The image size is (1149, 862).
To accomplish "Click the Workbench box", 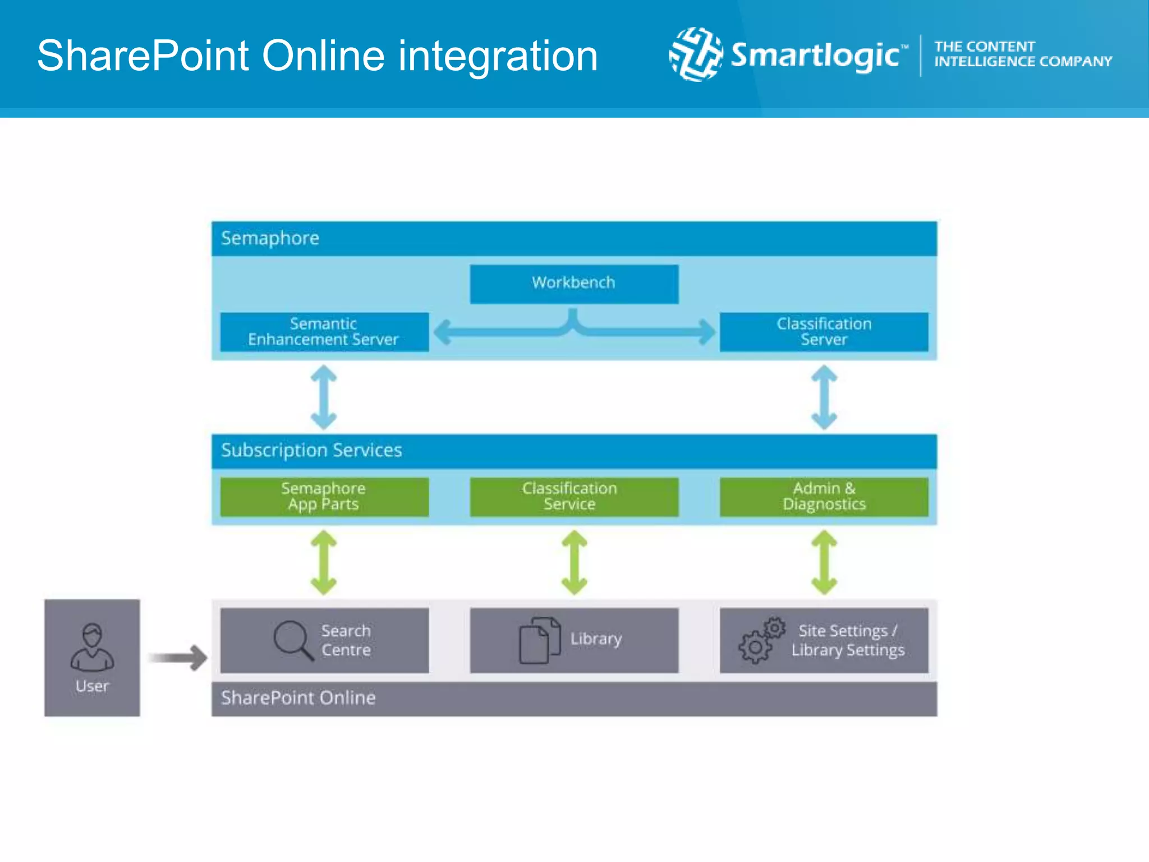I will click(x=574, y=284).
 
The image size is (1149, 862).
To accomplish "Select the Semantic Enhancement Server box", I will click(x=324, y=332).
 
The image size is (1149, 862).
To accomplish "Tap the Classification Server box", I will click(x=824, y=332).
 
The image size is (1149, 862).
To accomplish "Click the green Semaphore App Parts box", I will click(x=324, y=497).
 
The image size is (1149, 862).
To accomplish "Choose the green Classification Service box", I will click(x=574, y=497).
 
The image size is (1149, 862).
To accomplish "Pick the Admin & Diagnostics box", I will click(x=824, y=497).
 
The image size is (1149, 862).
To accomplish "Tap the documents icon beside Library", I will click(x=539, y=640).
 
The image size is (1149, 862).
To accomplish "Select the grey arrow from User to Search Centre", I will click(x=178, y=658).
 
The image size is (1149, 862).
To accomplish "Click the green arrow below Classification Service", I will click(x=574, y=562).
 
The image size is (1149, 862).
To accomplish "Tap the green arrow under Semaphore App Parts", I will click(x=324, y=562).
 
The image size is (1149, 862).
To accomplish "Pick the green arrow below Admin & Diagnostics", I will click(x=824, y=562).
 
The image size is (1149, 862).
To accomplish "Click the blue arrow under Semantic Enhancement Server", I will click(x=324, y=397).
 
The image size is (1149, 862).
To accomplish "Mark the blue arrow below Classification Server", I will click(x=824, y=397).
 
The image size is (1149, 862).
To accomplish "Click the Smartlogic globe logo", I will click(x=696, y=54).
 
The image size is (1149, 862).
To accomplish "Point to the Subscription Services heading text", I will click(x=311, y=451).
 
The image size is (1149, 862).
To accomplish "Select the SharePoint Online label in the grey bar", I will click(x=298, y=698).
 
